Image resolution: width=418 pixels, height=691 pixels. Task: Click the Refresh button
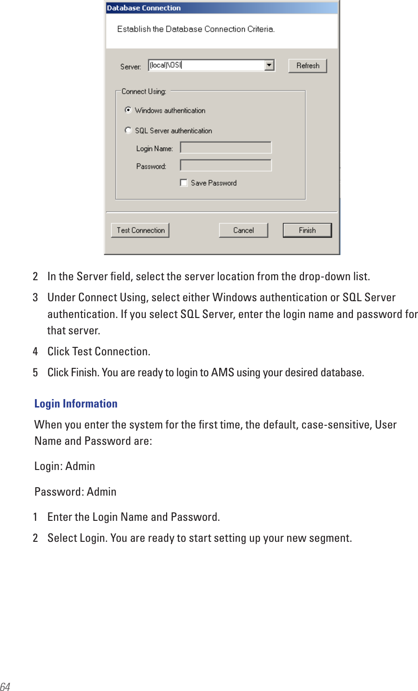tap(307, 66)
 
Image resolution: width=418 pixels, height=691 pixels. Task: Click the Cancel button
tap(243, 230)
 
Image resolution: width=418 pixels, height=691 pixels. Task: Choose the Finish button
tap(307, 230)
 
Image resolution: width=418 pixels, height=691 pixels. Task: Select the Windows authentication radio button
tap(128, 110)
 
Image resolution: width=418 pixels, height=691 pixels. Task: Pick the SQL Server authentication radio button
tap(128, 131)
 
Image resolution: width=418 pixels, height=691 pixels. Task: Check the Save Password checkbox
tap(184, 183)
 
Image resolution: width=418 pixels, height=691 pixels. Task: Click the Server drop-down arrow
tap(270, 65)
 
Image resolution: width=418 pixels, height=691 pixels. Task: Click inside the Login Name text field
tap(226, 148)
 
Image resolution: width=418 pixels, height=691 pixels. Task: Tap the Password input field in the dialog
tap(226, 166)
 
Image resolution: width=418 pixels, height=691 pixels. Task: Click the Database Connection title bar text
tap(144, 8)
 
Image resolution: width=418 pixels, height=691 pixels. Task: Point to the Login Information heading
tap(76, 404)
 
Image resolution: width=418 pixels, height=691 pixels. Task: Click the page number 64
tap(5, 686)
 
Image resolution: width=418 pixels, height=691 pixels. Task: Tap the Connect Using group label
tap(143, 91)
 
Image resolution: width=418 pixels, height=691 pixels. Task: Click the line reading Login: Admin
tap(65, 466)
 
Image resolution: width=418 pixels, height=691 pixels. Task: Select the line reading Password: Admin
tap(75, 492)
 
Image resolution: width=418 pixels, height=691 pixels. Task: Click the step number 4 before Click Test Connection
tap(35, 352)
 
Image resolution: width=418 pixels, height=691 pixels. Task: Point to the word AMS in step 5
tap(222, 373)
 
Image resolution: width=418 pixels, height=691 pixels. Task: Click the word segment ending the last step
tap(330, 538)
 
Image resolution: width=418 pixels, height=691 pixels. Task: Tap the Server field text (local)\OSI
tap(165, 65)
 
